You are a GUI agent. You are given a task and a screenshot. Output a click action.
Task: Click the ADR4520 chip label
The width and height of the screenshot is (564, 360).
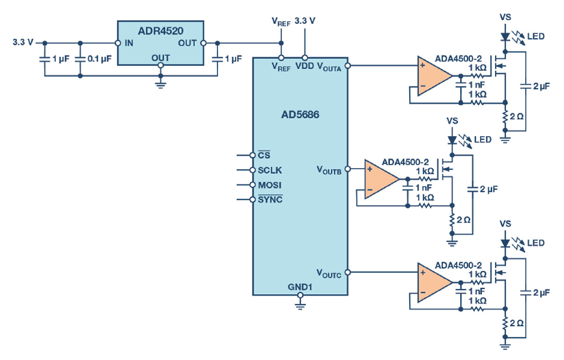[160, 31]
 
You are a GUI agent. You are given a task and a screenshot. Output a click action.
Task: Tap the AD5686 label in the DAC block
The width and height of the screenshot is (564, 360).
[300, 115]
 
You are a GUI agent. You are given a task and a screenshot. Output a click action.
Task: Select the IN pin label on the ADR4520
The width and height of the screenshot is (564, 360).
[128, 43]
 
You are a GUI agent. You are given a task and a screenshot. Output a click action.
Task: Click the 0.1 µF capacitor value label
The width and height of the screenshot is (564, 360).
[100, 58]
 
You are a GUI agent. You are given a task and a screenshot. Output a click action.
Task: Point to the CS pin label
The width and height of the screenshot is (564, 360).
[264, 155]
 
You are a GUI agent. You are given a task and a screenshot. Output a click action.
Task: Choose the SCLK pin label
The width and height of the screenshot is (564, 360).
[269, 171]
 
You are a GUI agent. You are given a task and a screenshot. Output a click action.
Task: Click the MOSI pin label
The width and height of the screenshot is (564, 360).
[269, 185]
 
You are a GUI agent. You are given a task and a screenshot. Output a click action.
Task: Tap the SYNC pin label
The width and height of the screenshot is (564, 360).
[270, 199]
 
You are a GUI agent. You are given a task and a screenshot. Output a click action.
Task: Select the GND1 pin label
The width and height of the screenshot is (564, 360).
[300, 287]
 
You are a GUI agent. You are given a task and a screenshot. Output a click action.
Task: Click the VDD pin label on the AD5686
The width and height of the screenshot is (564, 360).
[305, 66]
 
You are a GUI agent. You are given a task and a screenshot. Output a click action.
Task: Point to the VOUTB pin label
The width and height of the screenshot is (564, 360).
[329, 170]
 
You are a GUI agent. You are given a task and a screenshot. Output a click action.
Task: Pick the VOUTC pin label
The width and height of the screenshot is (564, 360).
[329, 273]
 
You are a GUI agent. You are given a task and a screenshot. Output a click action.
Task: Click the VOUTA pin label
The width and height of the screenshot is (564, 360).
[329, 66]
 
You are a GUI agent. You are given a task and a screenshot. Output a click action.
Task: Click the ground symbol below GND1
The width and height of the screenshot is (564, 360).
[300, 306]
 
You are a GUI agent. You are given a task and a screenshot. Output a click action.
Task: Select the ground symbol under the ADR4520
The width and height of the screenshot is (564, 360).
[160, 85]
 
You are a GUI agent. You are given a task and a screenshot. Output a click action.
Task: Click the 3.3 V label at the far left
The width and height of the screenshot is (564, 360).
[23, 42]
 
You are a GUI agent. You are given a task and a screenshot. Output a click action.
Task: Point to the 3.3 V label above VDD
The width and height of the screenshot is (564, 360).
[305, 21]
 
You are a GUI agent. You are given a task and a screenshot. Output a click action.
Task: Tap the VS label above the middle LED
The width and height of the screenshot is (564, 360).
[452, 120]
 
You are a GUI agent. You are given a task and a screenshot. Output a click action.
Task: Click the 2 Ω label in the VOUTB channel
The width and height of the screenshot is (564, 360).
[464, 220]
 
